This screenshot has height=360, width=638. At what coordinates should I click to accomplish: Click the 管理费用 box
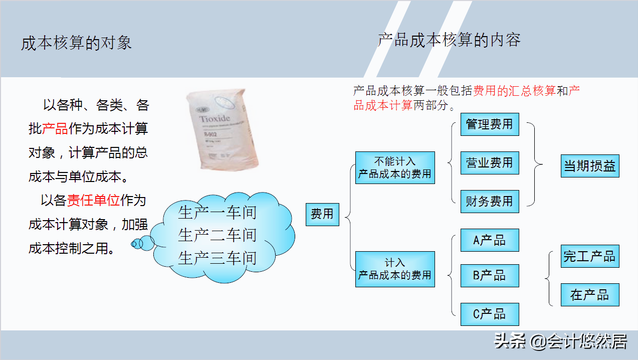(x=490, y=124)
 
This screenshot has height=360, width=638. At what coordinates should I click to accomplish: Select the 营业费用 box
(x=490, y=163)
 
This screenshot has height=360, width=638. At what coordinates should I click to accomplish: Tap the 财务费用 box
(x=490, y=202)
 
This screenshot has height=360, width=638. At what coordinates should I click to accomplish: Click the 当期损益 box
(x=590, y=166)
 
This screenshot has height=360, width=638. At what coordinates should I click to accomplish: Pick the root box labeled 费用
(x=322, y=215)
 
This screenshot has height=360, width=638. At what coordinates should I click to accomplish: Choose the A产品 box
(x=490, y=241)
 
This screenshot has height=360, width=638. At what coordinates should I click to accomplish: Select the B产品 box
(x=490, y=275)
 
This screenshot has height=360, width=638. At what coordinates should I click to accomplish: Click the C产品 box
(x=490, y=314)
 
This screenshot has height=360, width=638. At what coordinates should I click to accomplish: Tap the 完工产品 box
(x=590, y=256)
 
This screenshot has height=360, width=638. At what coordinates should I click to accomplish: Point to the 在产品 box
(x=590, y=295)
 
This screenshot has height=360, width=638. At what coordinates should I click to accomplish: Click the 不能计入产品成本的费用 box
(x=395, y=168)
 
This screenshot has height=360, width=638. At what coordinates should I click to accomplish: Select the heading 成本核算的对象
(x=76, y=43)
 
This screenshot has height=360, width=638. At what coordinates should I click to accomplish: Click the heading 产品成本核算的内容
(x=449, y=40)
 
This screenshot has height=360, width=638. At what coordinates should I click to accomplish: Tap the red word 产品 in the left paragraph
(x=55, y=129)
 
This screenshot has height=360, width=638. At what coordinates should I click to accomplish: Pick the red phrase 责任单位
(x=94, y=201)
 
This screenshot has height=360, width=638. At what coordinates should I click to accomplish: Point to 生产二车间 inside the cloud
(x=217, y=235)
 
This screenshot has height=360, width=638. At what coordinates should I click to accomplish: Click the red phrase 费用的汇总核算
(x=515, y=91)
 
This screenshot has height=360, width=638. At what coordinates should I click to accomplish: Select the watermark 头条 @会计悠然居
(x=560, y=341)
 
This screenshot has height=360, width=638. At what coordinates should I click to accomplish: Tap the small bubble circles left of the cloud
(x=142, y=243)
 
